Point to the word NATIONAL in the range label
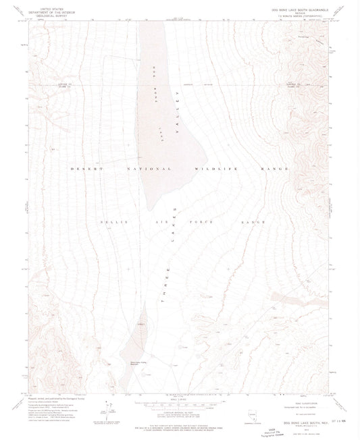pyautogui.click(x=143, y=167)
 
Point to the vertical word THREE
pyautogui.click(x=164, y=296)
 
